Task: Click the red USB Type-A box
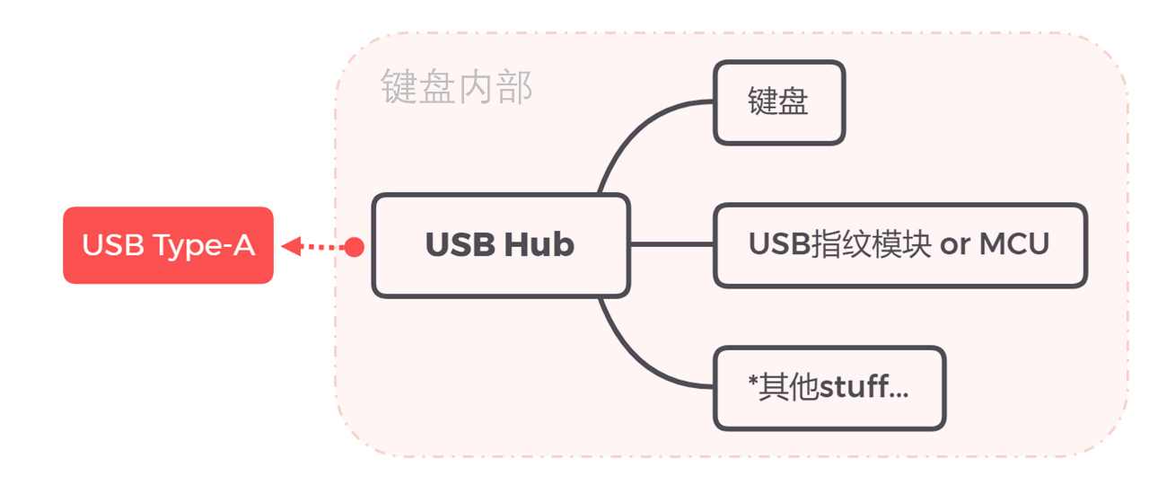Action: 168,245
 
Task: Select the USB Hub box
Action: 500,245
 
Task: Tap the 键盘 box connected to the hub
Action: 778,102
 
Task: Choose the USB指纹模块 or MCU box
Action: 899,245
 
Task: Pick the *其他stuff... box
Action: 829,388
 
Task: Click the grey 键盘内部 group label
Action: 457,88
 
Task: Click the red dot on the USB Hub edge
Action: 355,246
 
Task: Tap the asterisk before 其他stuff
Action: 752,383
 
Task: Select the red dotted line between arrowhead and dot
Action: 323,245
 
